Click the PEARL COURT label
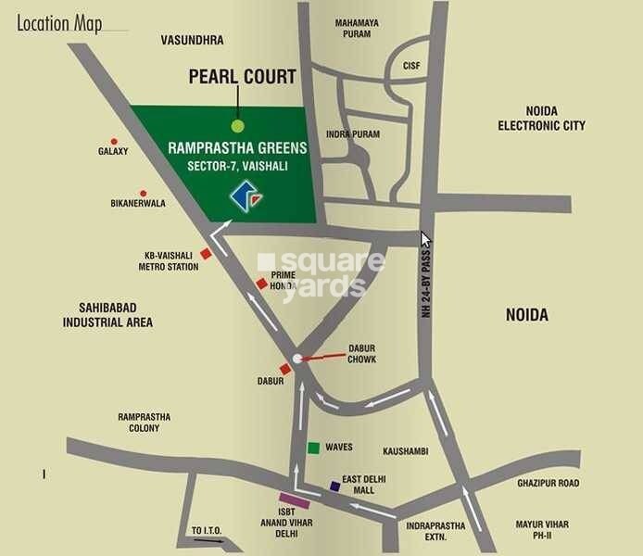click(x=243, y=77)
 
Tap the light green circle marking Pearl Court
click(x=238, y=125)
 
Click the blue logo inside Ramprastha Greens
click(x=247, y=195)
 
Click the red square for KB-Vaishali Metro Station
click(x=207, y=253)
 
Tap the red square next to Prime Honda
click(x=262, y=284)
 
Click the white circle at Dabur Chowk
click(x=296, y=358)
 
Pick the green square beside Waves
click(x=314, y=448)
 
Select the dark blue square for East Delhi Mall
click(x=334, y=486)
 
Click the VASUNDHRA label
click(x=192, y=41)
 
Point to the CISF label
click(x=411, y=66)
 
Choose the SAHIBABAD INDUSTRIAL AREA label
click(x=107, y=315)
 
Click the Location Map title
click(x=59, y=24)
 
